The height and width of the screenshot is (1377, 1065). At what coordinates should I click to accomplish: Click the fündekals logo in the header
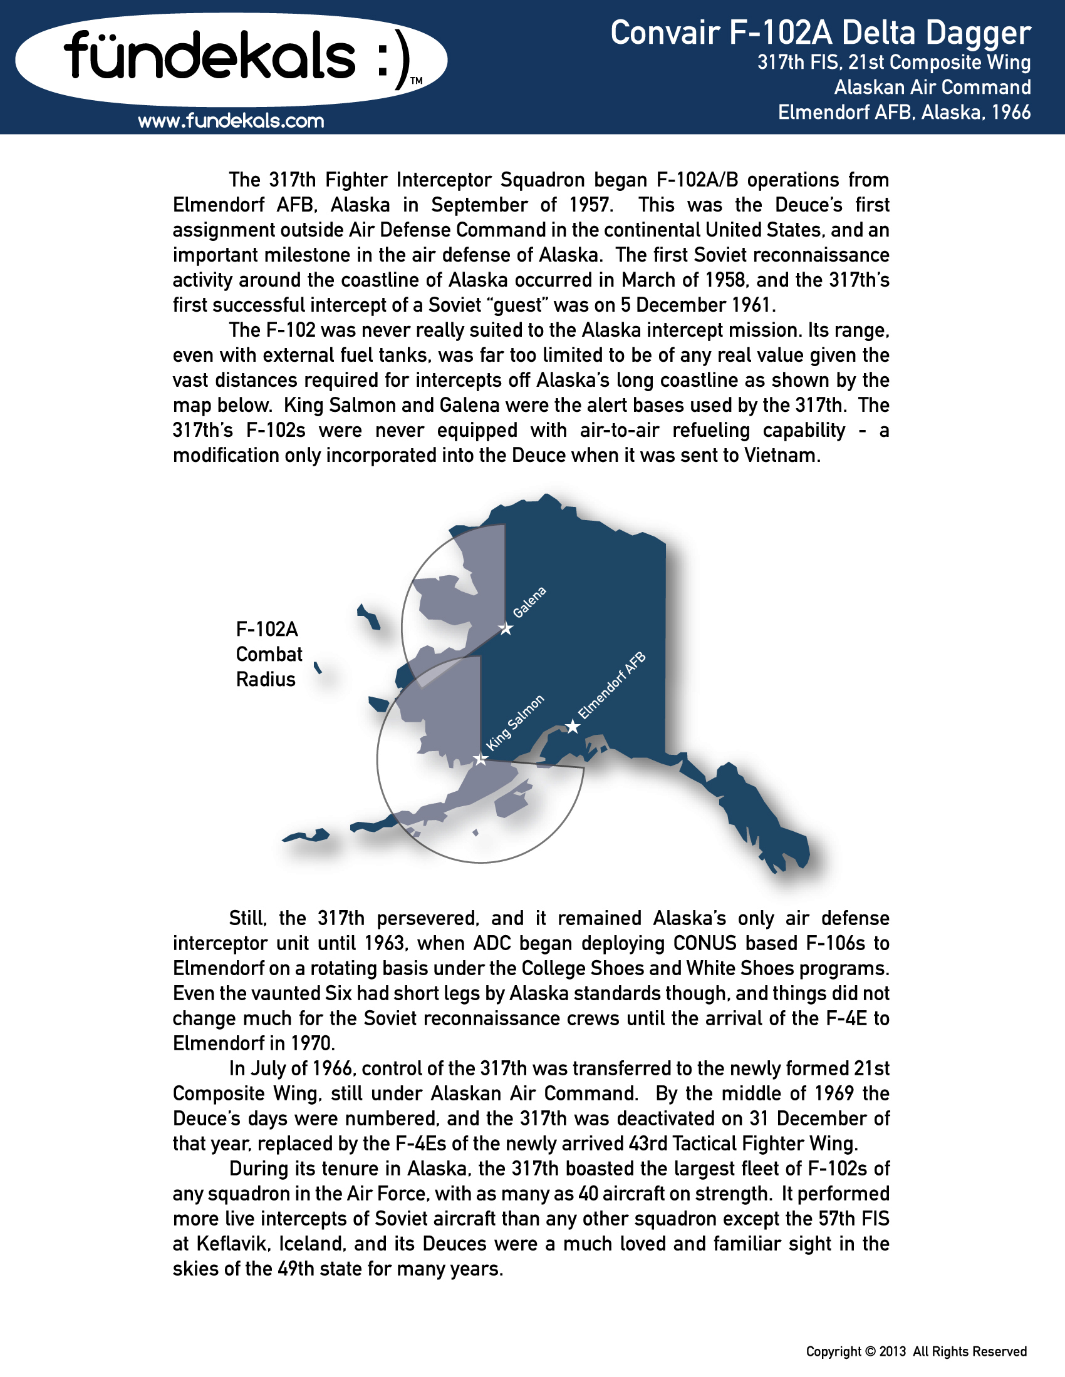[x=231, y=58]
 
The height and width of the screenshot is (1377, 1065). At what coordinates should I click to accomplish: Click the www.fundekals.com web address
[x=231, y=120]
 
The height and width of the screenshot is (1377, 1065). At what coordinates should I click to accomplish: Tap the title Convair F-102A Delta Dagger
[x=820, y=33]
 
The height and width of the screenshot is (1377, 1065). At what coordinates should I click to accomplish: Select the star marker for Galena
[x=506, y=628]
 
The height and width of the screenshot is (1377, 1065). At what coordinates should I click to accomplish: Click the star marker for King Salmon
[x=481, y=759]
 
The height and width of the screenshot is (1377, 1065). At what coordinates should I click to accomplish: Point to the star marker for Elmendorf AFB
[x=572, y=727]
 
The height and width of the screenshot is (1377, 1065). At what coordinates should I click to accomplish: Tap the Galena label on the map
[x=529, y=602]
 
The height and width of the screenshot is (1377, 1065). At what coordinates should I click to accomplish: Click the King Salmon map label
[x=515, y=722]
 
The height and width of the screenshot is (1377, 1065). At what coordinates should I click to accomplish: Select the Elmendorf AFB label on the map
[x=613, y=685]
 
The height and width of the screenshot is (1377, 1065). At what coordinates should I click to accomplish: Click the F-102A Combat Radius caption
[x=269, y=654]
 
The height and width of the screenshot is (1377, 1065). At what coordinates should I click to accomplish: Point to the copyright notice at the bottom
[x=916, y=1351]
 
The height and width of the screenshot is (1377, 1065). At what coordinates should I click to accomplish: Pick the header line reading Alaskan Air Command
[x=933, y=87]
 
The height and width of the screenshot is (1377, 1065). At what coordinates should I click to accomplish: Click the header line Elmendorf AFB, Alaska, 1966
[x=904, y=112]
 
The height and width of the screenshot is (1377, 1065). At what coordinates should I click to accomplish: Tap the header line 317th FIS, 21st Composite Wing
[x=894, y=63]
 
